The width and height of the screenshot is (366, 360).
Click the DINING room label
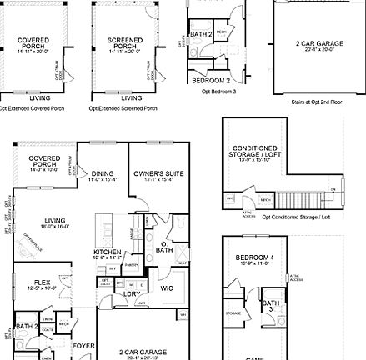click(x=103, y=173)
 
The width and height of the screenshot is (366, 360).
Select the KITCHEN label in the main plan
click(x=108, y=251)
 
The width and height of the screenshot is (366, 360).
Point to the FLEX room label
click(x=34, y=282)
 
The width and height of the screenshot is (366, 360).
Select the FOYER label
click(x=83, y=343)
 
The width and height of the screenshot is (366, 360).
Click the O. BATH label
click(x=165, y=248)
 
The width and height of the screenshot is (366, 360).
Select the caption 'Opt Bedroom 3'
click(x=219, y=92)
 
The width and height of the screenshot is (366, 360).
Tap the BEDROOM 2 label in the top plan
click(x=210, y=80)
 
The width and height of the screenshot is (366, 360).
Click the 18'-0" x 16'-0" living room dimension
click(x=56, y=225)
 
